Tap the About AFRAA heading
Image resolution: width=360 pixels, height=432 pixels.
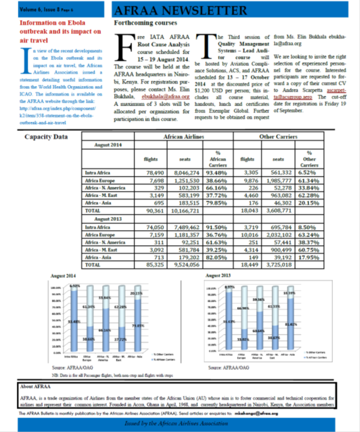pyautogui.click(x=35, y=386)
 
